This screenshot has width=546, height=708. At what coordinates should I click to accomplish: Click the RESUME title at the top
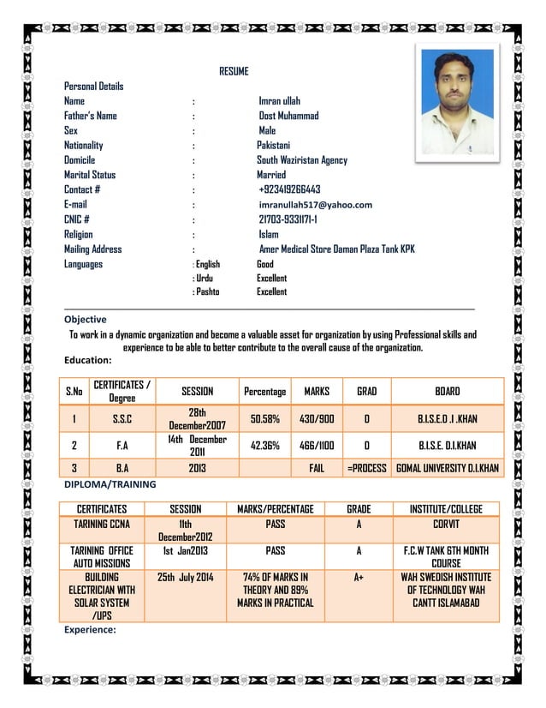pyautogui.click(x=234, y=71)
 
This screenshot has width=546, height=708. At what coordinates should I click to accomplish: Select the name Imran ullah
pyautogui.click(x=280, y=101)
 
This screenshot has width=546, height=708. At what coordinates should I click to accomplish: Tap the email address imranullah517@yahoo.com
pyautogui.click(x=316, y=205)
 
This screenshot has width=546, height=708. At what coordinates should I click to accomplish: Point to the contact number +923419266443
pyautogui.click(x=289, y=189)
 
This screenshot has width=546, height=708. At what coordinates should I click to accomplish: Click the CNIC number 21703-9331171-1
pyautogui.click(x=288, y=219)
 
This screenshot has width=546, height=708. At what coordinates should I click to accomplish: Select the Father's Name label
pyautogui.click(x=91, y=116)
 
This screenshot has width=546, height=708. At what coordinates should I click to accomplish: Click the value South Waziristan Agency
pyautogui.click(x=302, y=160)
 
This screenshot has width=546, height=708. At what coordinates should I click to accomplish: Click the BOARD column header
pyautogui.click(x=448, y=392)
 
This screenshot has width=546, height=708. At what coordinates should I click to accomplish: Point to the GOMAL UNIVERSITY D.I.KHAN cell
pyautogui.click(x=448, y=469)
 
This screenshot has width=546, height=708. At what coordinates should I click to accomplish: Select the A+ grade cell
pyautogui.click(x=359, y=578)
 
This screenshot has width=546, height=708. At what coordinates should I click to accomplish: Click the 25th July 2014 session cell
pyautogui.click(x=186, y=578)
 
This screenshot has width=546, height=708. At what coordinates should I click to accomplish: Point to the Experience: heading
pyautogui.click(x=90, y=629)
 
